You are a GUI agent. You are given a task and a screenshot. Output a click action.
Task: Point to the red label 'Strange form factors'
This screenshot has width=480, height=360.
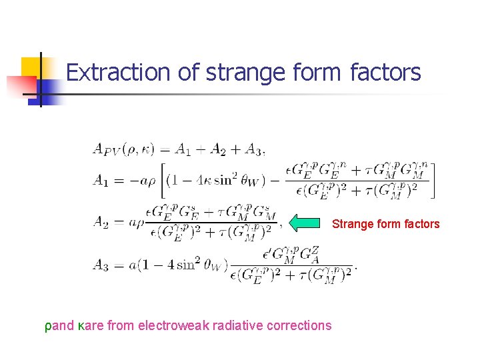(386, 224)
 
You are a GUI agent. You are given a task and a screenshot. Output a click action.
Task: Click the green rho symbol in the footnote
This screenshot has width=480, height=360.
(48, 326)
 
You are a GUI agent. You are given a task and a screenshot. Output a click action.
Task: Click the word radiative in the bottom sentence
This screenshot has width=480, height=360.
(241, 325)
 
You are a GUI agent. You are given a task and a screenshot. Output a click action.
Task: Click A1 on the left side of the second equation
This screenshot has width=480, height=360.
(100, 179)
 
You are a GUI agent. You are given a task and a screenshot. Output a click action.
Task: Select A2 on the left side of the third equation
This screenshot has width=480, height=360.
(100, 222)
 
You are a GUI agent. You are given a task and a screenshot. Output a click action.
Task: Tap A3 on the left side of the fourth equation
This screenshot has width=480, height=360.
(100, 265)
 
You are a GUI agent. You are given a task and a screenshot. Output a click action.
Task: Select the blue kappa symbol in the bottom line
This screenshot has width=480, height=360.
(81, 326)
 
